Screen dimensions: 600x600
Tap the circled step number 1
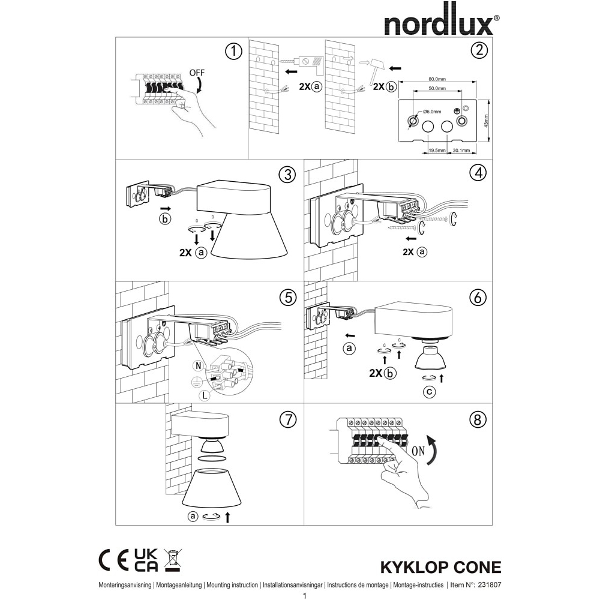pos(234,51)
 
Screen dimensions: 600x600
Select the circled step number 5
pos(288,298)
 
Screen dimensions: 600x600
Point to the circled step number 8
pos(477,420)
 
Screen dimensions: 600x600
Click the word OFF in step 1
pos(197,73)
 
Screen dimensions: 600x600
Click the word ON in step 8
pos(418,451)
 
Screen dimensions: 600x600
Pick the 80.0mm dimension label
pos(437,79)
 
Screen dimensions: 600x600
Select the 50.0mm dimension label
pos(437,88)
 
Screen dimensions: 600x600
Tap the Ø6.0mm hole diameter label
pos(433,112)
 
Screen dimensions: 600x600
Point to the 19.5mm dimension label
pos(437,151)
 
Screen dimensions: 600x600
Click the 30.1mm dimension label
pos(461,151)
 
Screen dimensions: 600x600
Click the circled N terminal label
pos(198,366)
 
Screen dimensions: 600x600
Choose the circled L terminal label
pos(205,395)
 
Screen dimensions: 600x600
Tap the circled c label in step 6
pos(430,392)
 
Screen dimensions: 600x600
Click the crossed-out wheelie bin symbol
pos(173,560)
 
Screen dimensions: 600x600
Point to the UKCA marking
pos(146,560)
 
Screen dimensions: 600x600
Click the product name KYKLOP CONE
pos(440,567)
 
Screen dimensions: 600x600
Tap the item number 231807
pos(490,584)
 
